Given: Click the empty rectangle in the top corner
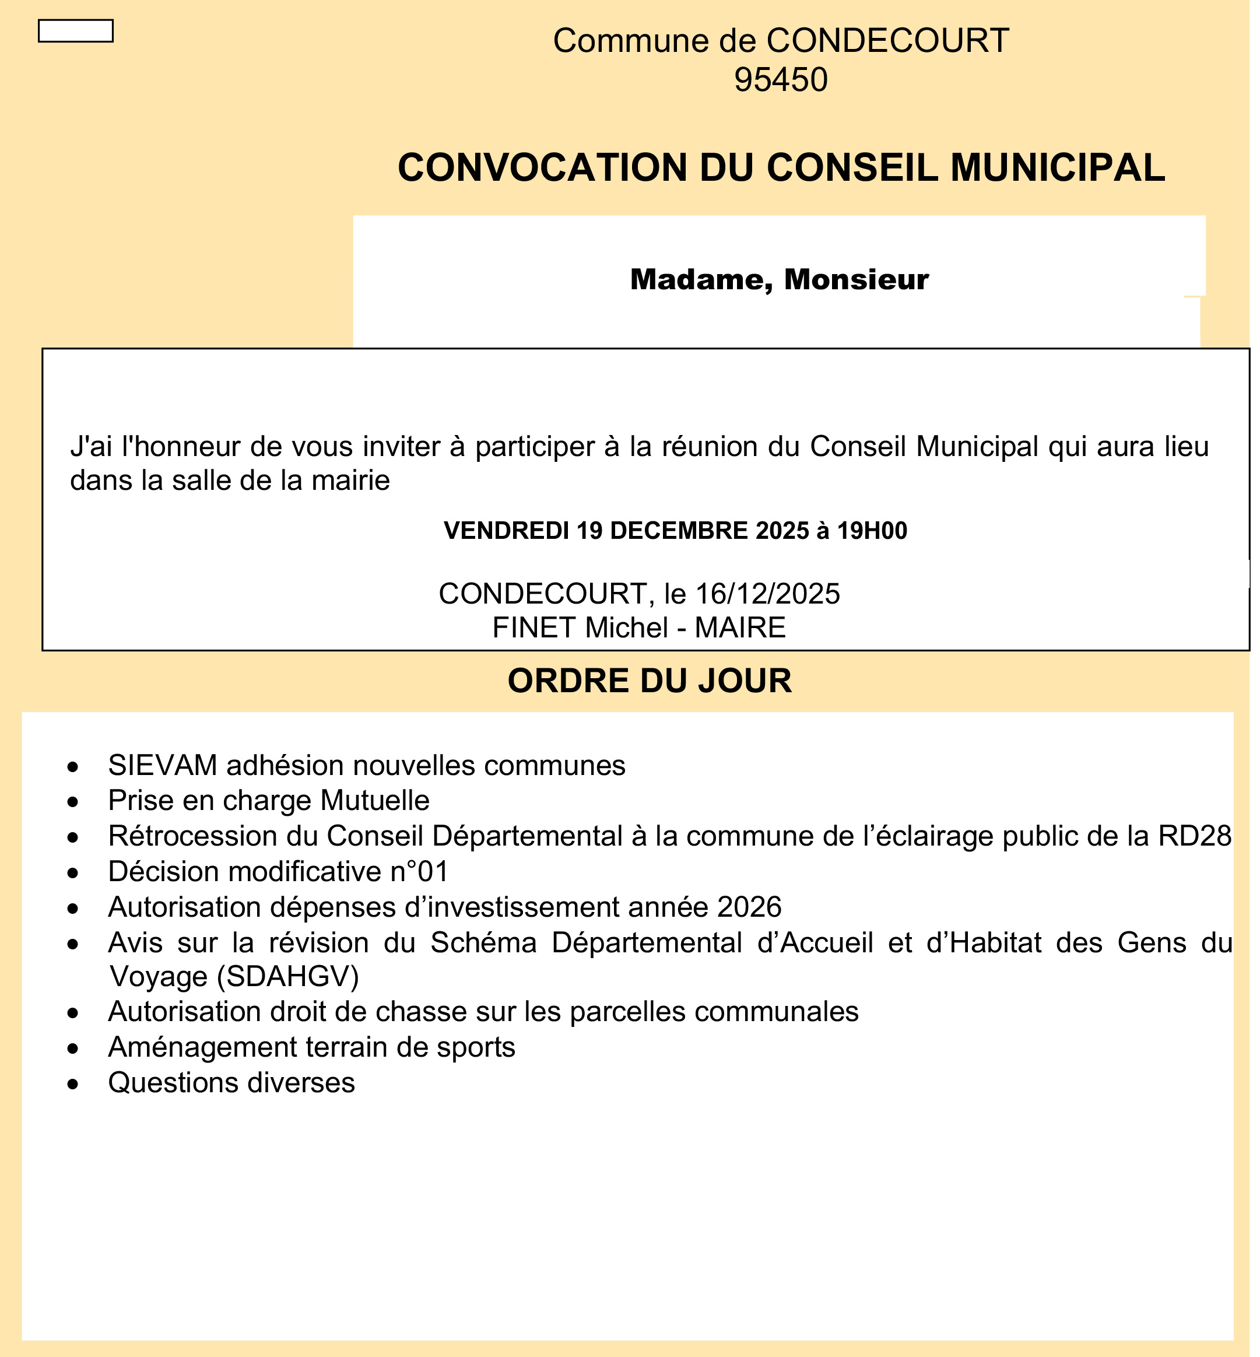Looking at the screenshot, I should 76,31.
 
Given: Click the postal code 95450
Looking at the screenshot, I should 781,80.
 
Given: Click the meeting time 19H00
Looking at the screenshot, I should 872,531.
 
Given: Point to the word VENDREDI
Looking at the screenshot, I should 506,531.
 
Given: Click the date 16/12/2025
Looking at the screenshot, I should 767,594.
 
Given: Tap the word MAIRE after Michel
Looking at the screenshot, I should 740,628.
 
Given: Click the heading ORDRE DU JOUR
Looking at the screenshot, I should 650,681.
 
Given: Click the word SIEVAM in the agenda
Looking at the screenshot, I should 162,766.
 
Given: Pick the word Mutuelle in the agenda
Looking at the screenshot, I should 375,801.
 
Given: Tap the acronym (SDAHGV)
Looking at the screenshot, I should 287,977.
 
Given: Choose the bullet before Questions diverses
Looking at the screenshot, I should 73,1084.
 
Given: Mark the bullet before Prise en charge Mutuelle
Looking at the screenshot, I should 73,802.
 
